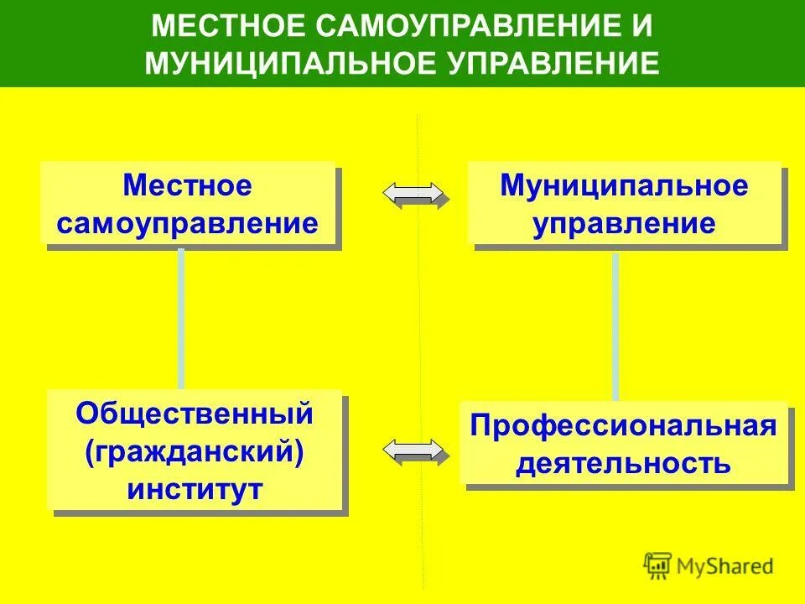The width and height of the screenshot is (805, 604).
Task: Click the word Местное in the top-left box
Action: pyautogui.click(x=187, y=185)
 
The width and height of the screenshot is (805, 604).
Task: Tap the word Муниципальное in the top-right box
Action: pyautogui.click(x=624, y=185)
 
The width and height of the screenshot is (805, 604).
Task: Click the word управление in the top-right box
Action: pyautogui.click(x=624, y=224)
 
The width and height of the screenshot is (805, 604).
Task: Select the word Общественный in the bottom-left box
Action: pyautogui.click(x=195, y=414)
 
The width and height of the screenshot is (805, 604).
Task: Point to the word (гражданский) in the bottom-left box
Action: pyautogui.click(x=194, y=451)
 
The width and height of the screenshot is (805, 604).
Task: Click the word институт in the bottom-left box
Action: pyautogui.click(x=195, y=489)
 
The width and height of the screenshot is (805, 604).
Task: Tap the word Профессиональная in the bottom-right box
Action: pyautogui.click(x=623, y=425)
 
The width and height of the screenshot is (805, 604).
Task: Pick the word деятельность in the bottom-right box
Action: pyautogui.click(x=623, y=462)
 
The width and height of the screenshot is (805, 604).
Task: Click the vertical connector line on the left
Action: pyautogui.click(x=180, y=319)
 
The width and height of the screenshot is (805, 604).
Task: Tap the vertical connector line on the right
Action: pyautogui.click(x=615, y=327)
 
